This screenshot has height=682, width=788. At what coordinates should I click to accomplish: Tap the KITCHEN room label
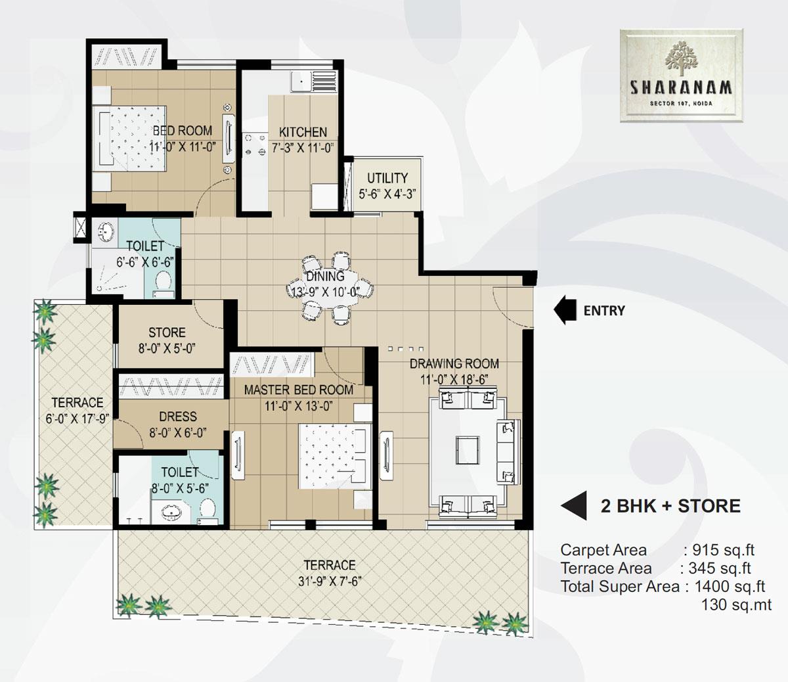click(x=303, y=131)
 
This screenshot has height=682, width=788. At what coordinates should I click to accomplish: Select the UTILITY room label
click(x=387, y=178)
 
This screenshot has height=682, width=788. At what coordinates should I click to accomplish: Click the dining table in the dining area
click(x=332, y=287)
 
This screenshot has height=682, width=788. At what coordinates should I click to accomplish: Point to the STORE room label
click(x=167, y=332)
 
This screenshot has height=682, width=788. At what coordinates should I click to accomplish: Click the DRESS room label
click(x=177, y=417)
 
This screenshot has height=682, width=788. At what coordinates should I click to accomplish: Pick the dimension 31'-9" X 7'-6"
click(x=329, y=581)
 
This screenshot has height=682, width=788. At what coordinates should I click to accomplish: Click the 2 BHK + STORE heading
click(x=670, y=506)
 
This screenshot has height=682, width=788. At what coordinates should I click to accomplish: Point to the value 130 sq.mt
click(x=736, y=604)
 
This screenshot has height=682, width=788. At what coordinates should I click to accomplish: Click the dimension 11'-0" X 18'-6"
click(x=454, y=379)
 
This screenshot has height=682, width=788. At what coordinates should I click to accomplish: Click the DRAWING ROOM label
click(x=454, y=363)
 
